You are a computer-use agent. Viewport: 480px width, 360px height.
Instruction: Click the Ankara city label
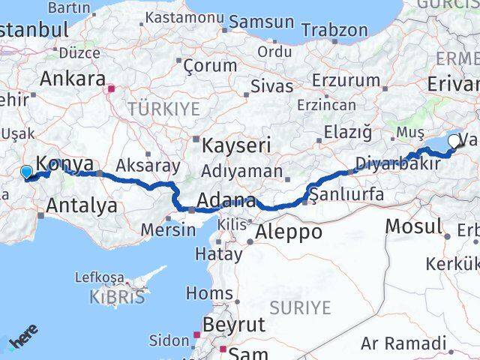[73, 79]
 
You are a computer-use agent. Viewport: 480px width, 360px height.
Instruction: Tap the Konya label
[65, 164]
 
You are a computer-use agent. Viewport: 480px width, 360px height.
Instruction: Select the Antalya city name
[82, 204]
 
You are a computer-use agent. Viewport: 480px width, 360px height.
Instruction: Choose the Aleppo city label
[289, 232]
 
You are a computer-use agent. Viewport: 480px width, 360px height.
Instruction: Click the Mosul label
[413, 226]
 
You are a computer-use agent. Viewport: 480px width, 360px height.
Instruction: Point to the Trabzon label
[334, 30]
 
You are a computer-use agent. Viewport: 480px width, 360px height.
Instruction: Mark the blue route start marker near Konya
[27, 172]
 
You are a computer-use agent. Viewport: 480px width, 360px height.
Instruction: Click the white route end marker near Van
[454, 141]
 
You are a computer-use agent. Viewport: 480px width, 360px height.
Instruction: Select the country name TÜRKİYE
[163, 109]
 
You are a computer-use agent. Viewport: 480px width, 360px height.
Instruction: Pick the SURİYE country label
[300, 307]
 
